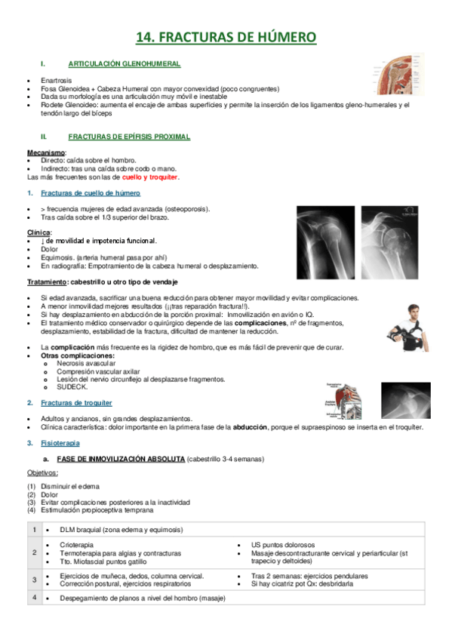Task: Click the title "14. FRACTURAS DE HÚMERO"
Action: (x=226, y=37)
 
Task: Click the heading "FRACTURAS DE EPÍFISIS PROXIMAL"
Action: (x=128, y=137)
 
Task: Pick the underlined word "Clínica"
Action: (x=38, y=232)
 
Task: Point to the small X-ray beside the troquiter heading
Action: (x=404, y=400)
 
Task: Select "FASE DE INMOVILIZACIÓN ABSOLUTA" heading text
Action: (x=120, y=459)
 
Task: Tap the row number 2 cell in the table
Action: (x=34, y=553)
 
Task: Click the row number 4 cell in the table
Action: (x=34, y=598)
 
